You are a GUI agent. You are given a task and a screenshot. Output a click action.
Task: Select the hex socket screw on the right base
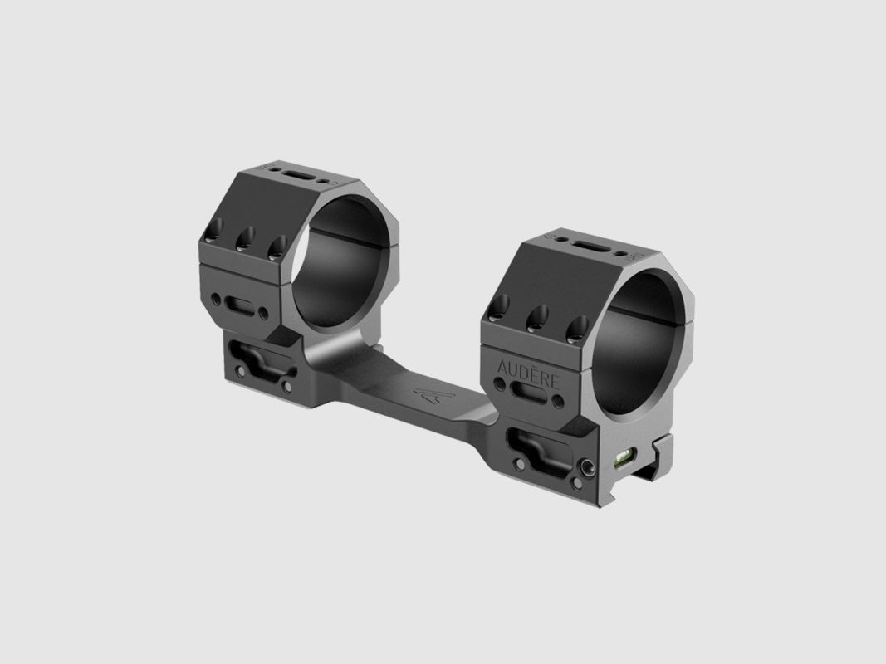tap(586, 470)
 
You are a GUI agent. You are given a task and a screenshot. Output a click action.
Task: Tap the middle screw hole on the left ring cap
tap(246, 242)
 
